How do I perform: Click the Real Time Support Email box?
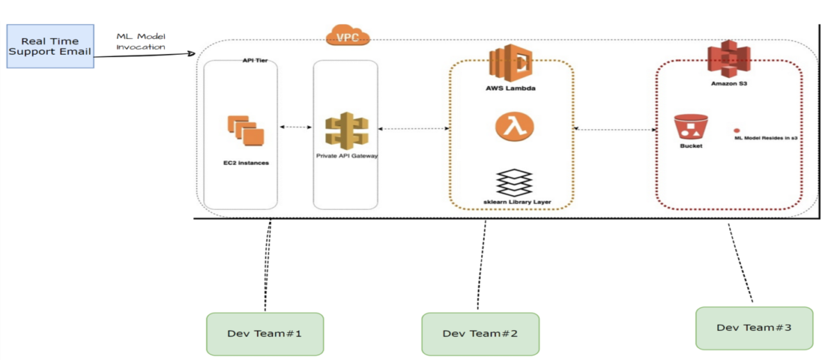[50, 46]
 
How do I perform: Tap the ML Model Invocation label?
[140, 41]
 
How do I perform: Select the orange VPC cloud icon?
[347, 35]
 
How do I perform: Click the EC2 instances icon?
[246, 130]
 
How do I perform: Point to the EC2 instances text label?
[246, 163]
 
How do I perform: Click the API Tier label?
[255, 60]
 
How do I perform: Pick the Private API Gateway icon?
[347, 131]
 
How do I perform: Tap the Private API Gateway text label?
[347, 156]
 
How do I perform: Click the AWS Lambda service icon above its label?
[510, 63]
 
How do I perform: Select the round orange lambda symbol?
[514, 126]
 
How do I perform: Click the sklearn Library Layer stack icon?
[514, 182]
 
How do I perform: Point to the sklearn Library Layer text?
[517, 202]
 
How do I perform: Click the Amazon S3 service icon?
[728, 59]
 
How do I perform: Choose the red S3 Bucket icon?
[691, 126]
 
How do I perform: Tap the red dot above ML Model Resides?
[737, 130]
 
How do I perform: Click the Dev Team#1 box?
[265, 334]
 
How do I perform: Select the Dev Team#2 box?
[480, 334]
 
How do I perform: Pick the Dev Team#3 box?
[754, 328]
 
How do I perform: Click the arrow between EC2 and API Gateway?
[295, 127]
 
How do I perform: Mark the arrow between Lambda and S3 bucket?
[615, 129]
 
